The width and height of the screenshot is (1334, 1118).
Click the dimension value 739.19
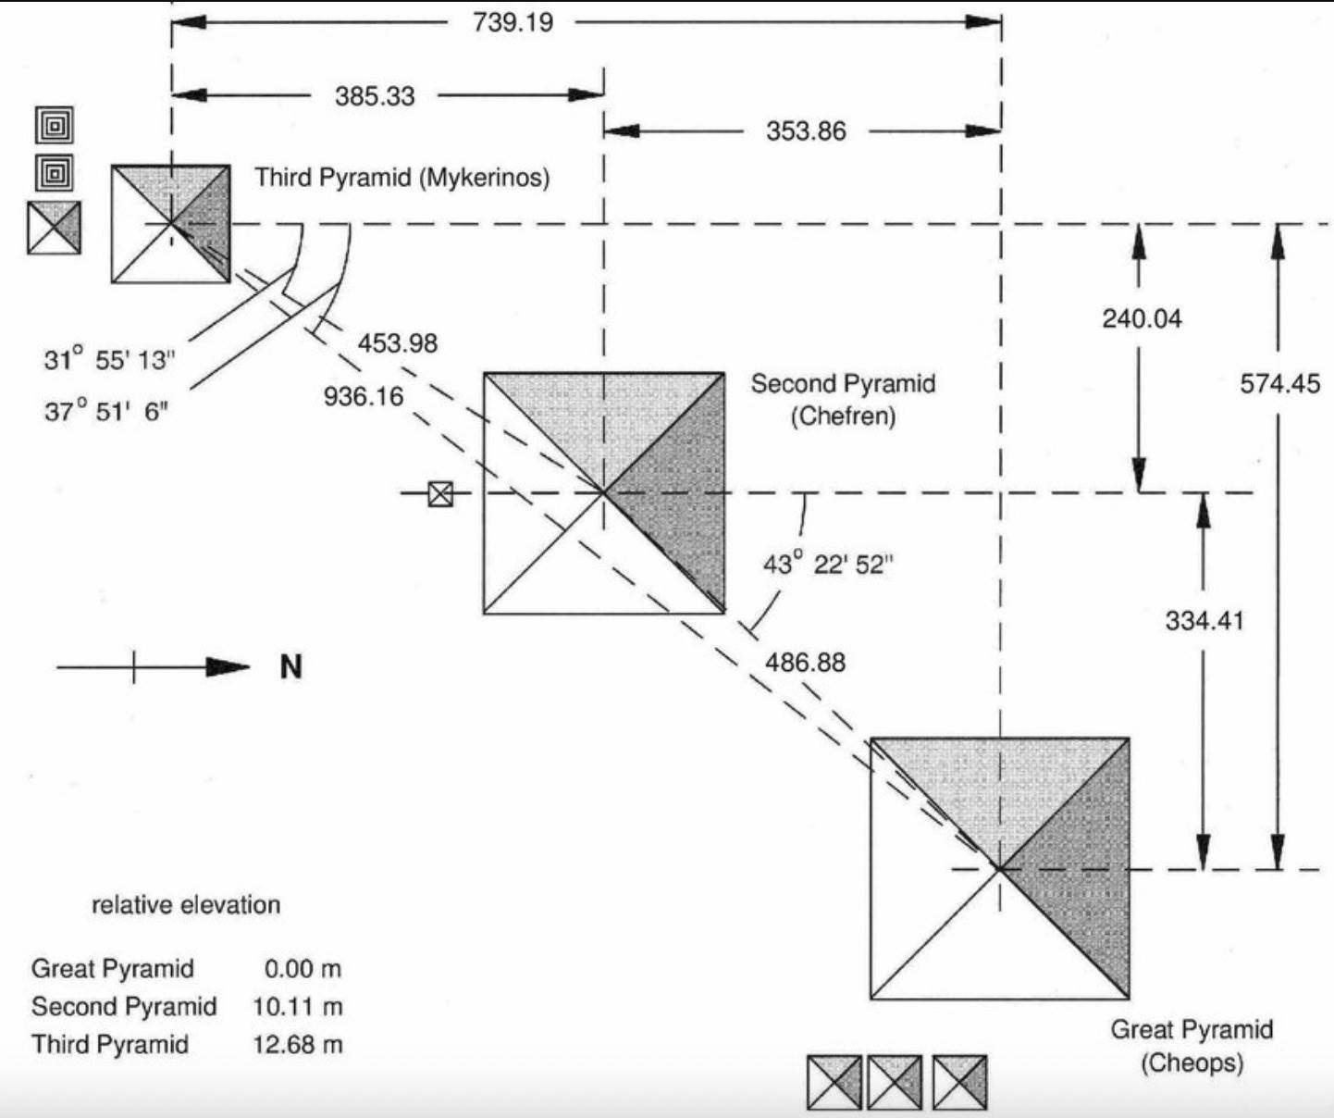click(x=513, y=22)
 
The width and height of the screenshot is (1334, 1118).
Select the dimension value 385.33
click(x=375, y=96)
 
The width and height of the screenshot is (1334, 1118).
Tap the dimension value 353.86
click(x=806, y=131)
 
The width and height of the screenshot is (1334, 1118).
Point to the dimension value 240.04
click(x=1142, y=319)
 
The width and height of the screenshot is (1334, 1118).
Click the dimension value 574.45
click(x=1280, y=383)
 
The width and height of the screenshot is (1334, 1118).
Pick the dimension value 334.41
click(x=1204, y=620)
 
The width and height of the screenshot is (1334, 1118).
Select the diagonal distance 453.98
click(x=398, y=343)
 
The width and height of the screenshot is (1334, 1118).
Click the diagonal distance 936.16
click(x=364, y=397)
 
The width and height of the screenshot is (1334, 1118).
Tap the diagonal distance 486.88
click(x=805, y=663)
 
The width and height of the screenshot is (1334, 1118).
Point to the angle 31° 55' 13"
click(x=109, y=360)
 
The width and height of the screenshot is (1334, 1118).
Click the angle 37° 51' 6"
click(x=106, y=411)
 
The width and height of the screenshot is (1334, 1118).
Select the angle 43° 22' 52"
click(x=828, y=564)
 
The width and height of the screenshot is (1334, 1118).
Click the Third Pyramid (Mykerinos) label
click(x=402, y=177)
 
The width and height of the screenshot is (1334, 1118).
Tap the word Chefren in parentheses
click(x=843, y=416)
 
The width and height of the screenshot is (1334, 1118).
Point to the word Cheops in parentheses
click(x=1192, y=1062)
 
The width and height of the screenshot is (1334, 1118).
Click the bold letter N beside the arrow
click(x=291, y=667)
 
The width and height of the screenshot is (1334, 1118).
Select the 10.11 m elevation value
click(x=297, y=1006)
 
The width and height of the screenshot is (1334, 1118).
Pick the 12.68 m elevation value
click(x=297, y=1044)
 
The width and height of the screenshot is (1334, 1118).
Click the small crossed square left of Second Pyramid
click(x=441, y=494)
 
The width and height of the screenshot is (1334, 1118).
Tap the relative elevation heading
click(x=186, y=904)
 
